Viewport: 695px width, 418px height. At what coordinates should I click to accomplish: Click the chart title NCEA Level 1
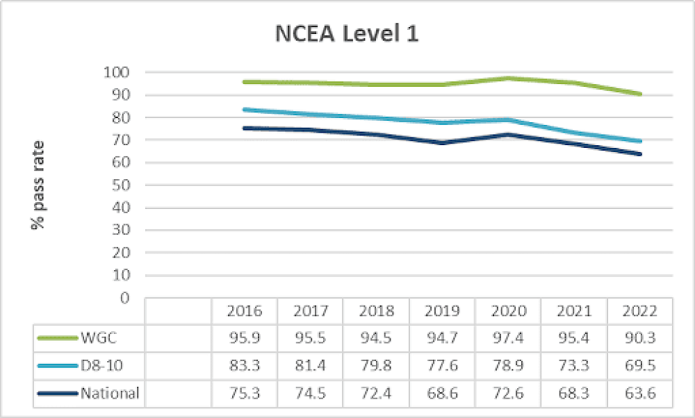click(x=347, y=34)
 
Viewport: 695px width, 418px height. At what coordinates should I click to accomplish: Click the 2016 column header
click(x=244, y=310)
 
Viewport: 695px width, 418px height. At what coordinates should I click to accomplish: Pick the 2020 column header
click(x=509, y=310)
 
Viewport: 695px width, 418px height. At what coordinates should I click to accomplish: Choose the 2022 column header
click(x=641, y=310)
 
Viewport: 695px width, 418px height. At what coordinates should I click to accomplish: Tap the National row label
click(x=110, y=394)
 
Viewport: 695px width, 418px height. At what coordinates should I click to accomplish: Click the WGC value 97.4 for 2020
click(x=509, y=338)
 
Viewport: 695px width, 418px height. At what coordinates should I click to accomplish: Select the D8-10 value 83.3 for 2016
click(x=244, y=366)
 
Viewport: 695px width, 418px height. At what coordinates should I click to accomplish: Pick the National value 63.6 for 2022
click(x=641, y=394)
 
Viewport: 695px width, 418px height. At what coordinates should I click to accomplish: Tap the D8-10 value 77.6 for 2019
click(x=443, y=366)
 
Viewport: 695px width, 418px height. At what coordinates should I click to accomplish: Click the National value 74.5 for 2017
click(x=310, y=394)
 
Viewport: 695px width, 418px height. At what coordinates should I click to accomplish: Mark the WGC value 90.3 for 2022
click(x=641, y=338)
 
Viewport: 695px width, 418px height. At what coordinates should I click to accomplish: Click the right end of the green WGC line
click(x=639, y=94)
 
